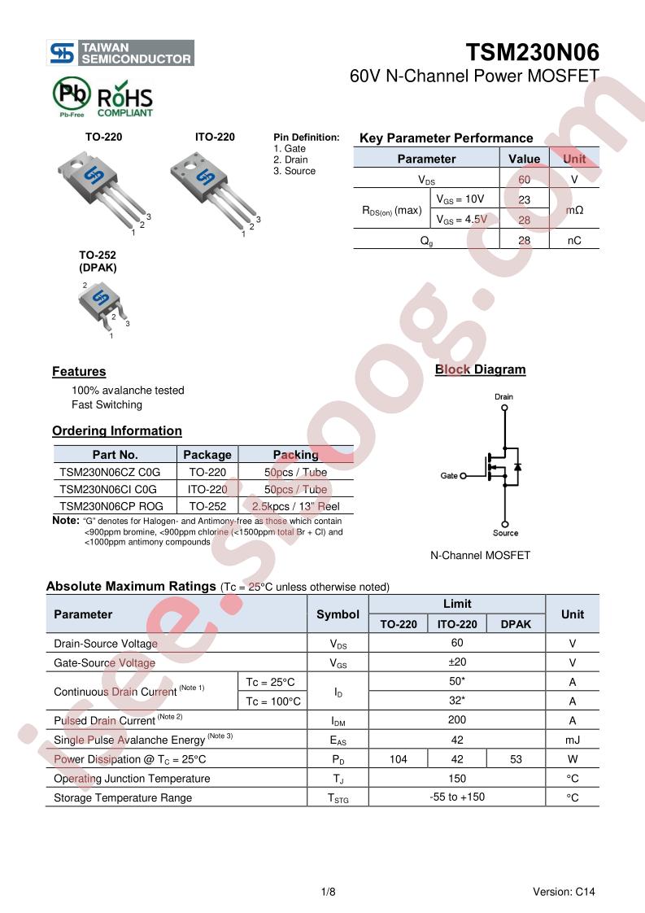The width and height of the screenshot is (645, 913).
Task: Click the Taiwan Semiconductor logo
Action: pyautogui.click(x=120, y=53)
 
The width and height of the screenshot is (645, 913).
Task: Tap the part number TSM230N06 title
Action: pyautogui.click(x=532, y=52)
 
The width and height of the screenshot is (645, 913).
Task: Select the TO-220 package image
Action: pyautogui.click(x=103, y=191)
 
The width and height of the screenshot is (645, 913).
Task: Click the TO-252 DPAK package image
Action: pyautogui.click(x=103, y=308)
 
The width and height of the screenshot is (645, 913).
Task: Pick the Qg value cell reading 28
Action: pyautogui.click(x=524, y=241)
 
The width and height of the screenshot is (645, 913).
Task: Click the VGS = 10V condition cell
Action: pyautogui.click(x=460, y=199)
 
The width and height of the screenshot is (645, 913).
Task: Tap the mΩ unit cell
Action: pyautogui.click(x=574, y=210)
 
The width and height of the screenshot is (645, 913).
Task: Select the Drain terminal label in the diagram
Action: pyautogui.click(x=504, y=396)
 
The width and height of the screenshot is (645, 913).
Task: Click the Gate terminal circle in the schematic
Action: pyautogui.click(x=464, y=476)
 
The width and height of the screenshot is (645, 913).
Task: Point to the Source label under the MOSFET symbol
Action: pyautogui.click(x=505, y=533)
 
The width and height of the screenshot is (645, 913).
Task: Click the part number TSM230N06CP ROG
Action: pyautogui.click(x=111, y=506)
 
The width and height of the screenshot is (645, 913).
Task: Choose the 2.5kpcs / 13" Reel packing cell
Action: pyautogui.click(x=296, y=506)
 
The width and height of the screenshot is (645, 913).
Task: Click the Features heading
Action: pyautogui.click(x=79, y=372)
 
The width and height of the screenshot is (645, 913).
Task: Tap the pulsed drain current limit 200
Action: pyautogui.click(x=457, y=719)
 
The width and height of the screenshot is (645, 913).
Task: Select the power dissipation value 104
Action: pyautogui.click(x=399, y=759)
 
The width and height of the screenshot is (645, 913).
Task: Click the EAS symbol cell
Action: pyautogui.click(x=338, y=740)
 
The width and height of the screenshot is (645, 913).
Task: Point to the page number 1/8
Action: pyautogui.click(x=329, y=892)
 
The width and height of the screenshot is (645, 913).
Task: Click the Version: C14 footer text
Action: pyautogui.click(x=564, y=892)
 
